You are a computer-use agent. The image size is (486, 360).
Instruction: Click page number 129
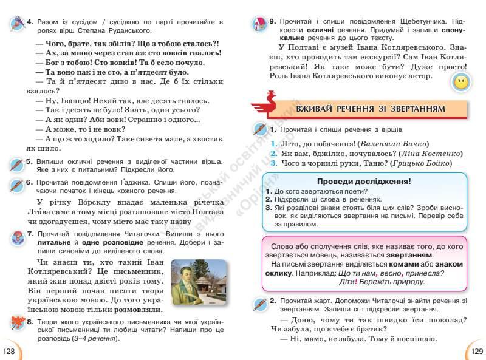point(476,352)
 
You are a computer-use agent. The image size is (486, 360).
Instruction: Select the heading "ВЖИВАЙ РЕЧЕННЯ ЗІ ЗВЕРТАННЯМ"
point(370,109)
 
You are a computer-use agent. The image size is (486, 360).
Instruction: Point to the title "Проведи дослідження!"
point(363,182)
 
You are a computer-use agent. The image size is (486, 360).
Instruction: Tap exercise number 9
point(273,22)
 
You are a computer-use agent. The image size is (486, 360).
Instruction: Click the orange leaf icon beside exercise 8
point(15,322)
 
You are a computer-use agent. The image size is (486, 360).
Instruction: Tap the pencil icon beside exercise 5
point(16,165)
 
